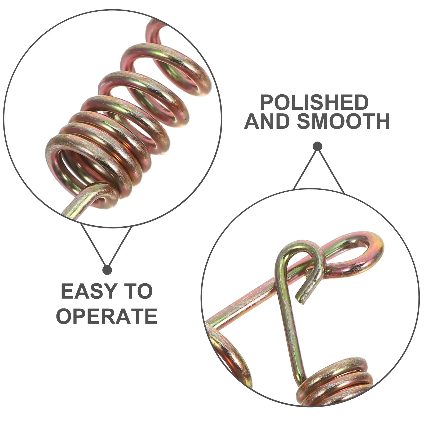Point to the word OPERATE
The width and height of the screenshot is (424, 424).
tap(107, 316)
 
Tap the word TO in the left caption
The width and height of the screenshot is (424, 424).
tap(140, 291)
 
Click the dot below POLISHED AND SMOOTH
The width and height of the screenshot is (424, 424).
tap(317, 146)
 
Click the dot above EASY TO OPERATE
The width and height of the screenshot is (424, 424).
tap(107, 270)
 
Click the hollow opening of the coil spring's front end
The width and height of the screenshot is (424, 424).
tap(72, 170)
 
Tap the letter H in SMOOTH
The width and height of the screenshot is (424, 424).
tap(382, 121)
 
